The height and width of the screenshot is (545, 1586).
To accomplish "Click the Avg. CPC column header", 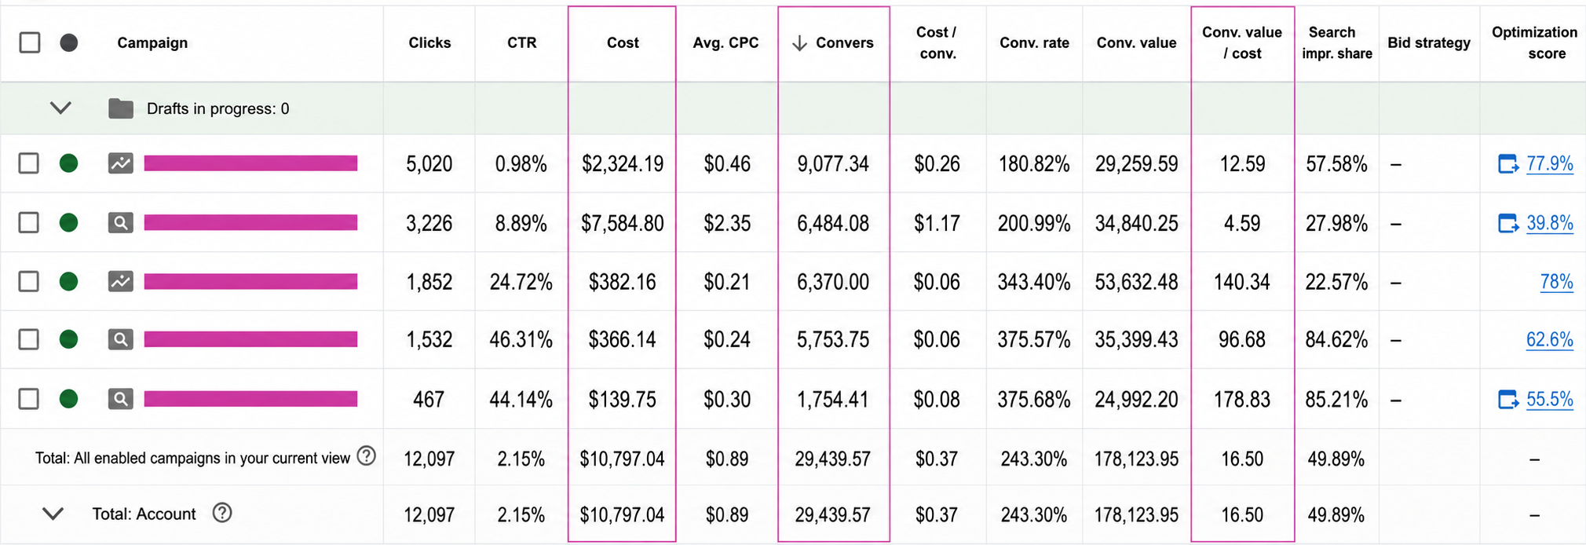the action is point(725,42).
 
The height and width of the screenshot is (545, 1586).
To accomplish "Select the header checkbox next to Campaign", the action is point(30,42).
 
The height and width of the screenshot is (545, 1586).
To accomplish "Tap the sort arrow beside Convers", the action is point(799,43).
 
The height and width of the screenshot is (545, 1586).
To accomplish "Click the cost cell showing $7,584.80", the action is point(623,224).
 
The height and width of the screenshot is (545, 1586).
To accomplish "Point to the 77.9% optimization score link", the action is point(1549,163).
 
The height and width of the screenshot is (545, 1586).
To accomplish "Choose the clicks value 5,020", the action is point(429,164).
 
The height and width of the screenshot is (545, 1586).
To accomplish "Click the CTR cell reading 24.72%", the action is point(521,282).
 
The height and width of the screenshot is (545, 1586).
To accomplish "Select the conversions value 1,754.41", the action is point(833,400).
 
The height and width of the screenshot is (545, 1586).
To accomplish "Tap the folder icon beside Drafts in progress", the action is point(121,108).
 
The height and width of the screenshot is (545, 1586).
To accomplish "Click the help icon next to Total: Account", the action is point(222,513).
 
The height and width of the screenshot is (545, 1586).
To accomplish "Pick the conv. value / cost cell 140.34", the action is point(1241,282).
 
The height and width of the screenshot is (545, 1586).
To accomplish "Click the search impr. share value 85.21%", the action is point(1336,400).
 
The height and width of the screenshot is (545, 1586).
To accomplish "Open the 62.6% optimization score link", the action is point(1549,339).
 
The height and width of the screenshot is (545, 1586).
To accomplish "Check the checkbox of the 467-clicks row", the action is point(29,399).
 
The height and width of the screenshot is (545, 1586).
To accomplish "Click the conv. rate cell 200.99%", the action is point(1034,224).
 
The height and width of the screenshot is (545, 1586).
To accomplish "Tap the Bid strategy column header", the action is point(1429,42).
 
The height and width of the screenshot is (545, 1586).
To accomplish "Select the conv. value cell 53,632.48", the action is point(1136,282).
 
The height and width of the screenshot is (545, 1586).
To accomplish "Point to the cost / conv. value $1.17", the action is point(937,224).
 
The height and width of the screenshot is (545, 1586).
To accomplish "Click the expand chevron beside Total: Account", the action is point(53,514).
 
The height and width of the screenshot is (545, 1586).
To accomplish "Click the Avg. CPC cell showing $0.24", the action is point(726,340).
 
